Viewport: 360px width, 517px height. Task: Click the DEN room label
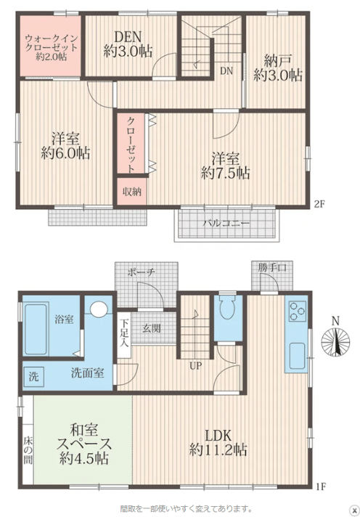pos(128,36)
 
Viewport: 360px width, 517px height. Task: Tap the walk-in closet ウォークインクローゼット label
pos(51,42)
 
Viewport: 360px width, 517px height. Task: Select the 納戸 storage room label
pos(277,61)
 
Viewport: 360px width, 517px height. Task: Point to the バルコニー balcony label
pos(226,223)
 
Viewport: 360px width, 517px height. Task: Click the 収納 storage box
pos(131,191)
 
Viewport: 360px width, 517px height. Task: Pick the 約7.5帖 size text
pos(226,173)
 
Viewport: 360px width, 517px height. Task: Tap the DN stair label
pos(226,70)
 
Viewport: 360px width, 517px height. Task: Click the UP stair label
pos(195,366)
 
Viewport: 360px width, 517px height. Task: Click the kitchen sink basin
pos(297,356)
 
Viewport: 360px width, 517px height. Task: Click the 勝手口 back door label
pos(272,268)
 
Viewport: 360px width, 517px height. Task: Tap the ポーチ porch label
pos(141,272)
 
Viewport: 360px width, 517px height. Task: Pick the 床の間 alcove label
pos(28,450)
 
